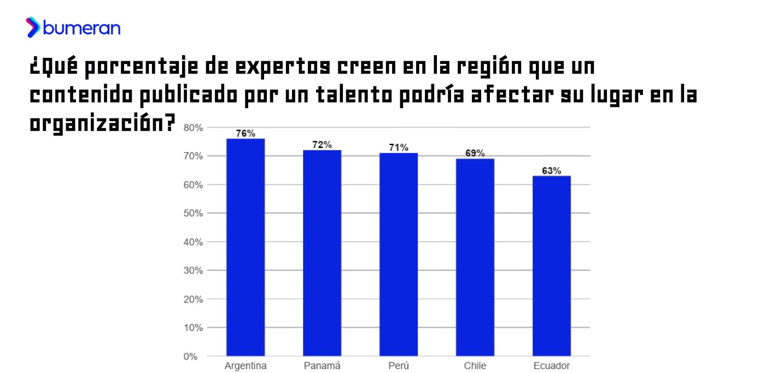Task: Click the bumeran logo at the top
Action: [x=73, y=27]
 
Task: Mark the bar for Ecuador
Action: [x=552, y=266]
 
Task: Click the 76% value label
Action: [x=246, y=133]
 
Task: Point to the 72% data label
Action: [x=322, y=145]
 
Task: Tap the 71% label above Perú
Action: [x=399, y=147]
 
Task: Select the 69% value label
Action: [x=475, y=153]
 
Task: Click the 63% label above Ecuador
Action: [x=552, y=170]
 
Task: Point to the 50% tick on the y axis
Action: [x=194, y=214]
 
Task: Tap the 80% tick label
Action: [x=194, y=128]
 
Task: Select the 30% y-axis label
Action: [x=194, y=271]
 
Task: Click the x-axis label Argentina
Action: [x=246, y=366]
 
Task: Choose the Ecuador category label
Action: [x=552, y=366]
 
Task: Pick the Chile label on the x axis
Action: [x=475, y=366]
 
